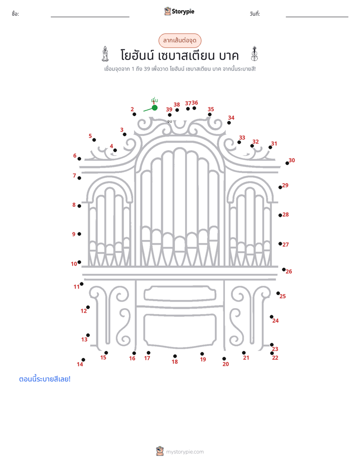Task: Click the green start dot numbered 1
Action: tap(154, 107)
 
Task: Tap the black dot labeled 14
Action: tap(84, 360)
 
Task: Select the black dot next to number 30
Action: tap(287, 163)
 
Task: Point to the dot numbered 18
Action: tap(175, 356)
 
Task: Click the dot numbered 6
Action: tap(79, 159)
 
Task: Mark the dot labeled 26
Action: tap(284, 269)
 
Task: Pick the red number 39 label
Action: tap(169, 109)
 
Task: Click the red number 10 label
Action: tap(74, 264)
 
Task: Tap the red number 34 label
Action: tap(231, 118)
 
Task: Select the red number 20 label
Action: tap(226, 364)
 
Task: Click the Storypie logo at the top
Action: tap(179, 11)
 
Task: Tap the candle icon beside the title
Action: tap(105, 54)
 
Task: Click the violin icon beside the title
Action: tap(254, 54)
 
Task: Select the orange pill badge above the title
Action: tap(179, 40)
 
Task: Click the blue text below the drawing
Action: tap(45, 379)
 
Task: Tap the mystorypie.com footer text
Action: tap(185, 452)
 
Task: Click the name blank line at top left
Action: tap(90, 17)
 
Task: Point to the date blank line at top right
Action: tap(317, 17)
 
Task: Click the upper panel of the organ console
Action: tap(180, 294)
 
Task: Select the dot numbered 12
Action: tap(88, 307)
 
